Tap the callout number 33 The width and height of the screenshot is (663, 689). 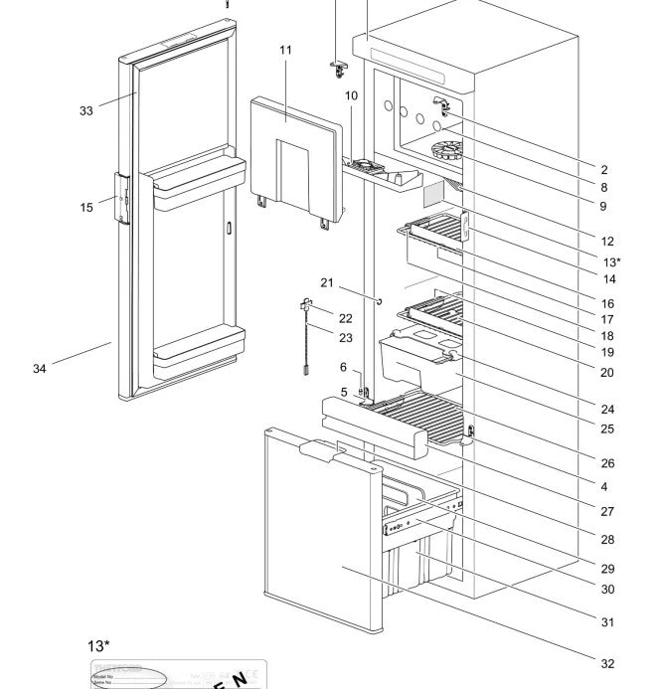coord(86,111)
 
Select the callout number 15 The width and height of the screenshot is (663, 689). coord(86,208)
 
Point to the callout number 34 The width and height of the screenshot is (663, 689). coord(40,370)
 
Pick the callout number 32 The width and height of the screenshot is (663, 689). coord(606,664)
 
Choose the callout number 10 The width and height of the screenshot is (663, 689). coord(351,95)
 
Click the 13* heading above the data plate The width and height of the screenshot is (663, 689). coord(100,646)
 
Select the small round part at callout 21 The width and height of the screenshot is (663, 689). coord(379,298)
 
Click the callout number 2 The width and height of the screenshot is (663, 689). coord(605,170)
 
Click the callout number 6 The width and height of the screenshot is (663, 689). coord(343,367)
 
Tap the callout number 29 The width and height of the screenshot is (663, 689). coord(606,569)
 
